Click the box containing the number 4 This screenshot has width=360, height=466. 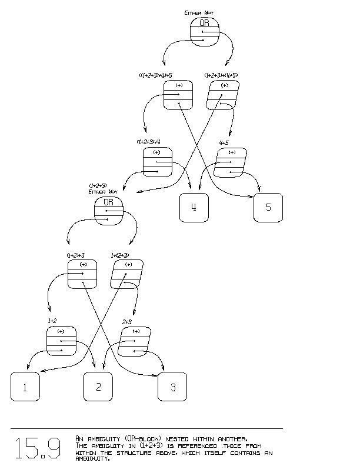pyautogui.click(x=194, y=208)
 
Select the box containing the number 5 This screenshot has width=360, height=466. pyautogui.click(x=268, y=208)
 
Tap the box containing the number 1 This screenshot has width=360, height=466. pyautogui.click(x=25, y=387)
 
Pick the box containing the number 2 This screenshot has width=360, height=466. pyautogui.click(x=98, y=387)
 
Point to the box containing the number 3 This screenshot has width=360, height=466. pyautogui.click(x=172, y=387)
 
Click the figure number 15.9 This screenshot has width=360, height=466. pyautogui.click(x=38, y=448)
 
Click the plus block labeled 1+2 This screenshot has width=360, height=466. pyautogui.click(x=61, y=342)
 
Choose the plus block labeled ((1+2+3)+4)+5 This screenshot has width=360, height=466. pyautogui.click(x=178, y=95)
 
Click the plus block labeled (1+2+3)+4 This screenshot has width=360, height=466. pyautogui.click(x=157, y=162)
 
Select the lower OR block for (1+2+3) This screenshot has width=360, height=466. pyautogui.click(x=109, y=211)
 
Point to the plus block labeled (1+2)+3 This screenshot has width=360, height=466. pyautogui.click(x=82, y=274)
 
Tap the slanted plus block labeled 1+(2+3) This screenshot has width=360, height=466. pyautogui.click(x=126, y=274)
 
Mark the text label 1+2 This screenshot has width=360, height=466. pyautogui.click(x=52, y=321)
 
